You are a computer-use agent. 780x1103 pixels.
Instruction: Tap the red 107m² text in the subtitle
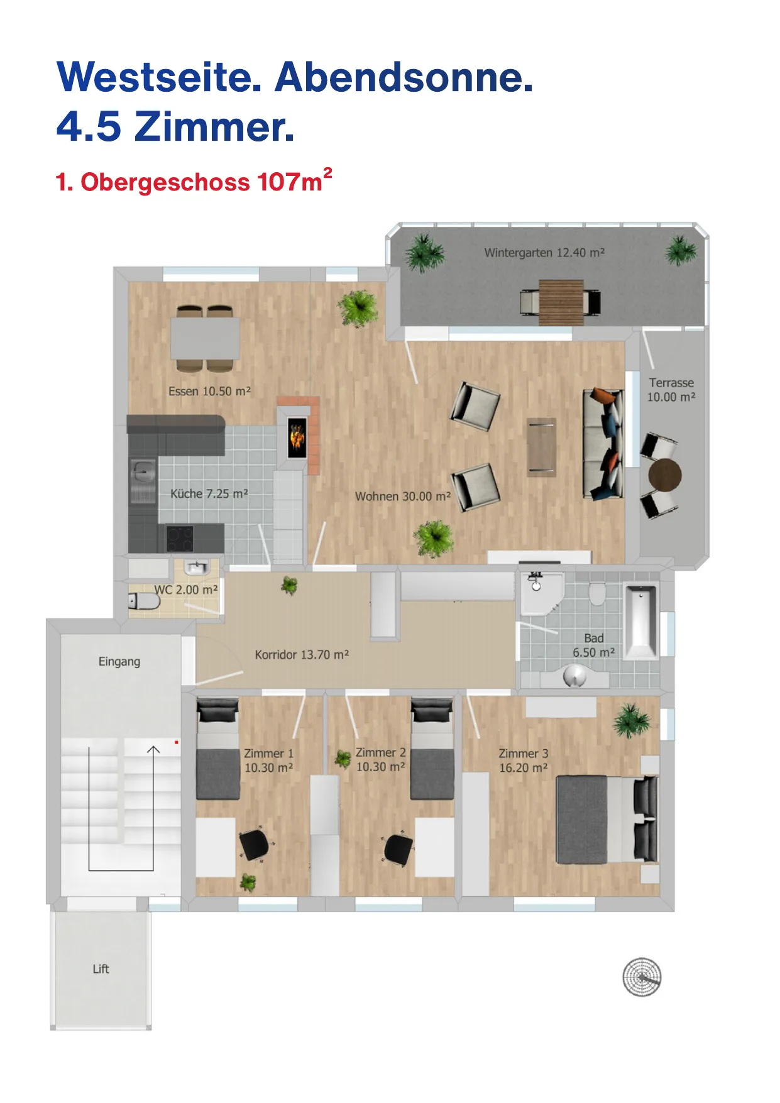click(294, 181)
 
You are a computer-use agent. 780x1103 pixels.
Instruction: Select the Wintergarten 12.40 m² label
click(544, 253)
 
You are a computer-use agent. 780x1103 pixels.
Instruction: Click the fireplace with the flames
click(297, 437)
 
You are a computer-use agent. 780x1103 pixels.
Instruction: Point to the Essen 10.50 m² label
click(209, 391)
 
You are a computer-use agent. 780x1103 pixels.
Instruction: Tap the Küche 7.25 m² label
click(209, 494)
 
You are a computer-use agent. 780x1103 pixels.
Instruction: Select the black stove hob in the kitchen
click(180, 538)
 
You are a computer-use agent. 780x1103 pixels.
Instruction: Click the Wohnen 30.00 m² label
click(403, 497)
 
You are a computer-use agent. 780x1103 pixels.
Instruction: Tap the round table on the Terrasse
click(665, 475)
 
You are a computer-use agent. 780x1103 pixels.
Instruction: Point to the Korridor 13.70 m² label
click(302, 655)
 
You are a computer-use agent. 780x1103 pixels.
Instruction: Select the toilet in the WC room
click(144, 601)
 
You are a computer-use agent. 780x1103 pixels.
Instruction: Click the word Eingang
click(119, 662)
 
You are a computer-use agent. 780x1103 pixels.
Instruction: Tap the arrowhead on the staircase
click(153, 749)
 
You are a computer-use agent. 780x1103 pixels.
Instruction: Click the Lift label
click(101, 969)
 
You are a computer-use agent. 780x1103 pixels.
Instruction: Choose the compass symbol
click(642, 977)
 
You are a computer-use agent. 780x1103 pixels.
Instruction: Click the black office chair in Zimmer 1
click(255, 845)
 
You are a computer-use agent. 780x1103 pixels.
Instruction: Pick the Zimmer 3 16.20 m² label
click(524, 760)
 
